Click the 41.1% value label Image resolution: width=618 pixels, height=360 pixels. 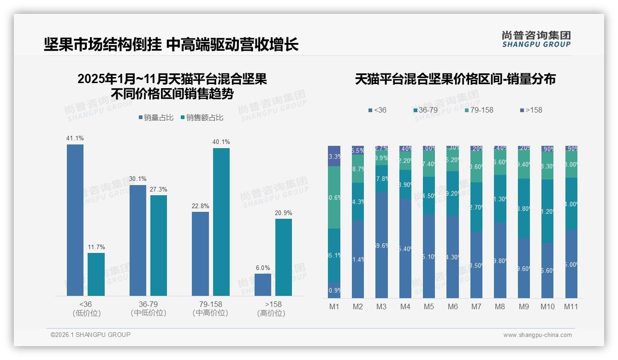coord(75,138)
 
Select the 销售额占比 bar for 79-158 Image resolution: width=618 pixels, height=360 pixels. coord(221,222)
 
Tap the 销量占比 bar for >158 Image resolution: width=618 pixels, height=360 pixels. coord(263,284)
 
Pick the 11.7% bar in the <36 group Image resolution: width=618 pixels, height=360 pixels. coord(96,274)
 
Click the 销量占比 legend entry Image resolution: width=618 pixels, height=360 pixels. coord(156,118)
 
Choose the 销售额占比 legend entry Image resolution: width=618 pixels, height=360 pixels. coord(202,118)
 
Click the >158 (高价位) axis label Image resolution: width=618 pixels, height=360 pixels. coord(273,309)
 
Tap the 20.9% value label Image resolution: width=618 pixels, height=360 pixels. coord(284,213)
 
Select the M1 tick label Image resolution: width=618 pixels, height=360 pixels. coord(334,306)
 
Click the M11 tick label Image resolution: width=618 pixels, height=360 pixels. coord(571,306)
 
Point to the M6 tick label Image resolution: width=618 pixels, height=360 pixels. coord(452,306)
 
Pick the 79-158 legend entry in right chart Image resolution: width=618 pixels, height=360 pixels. coord(479,110)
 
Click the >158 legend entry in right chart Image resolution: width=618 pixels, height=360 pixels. coord(531,110)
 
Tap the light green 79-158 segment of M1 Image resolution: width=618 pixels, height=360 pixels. coord(334,197)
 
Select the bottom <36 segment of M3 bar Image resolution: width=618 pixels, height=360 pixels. coord(381,245)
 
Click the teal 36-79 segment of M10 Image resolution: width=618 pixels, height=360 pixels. coord(547,211)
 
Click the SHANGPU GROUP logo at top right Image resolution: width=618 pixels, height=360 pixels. coord(536,39)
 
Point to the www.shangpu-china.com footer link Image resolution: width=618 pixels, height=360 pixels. coord(537,335)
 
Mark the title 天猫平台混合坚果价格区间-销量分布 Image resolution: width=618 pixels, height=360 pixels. coord(455,79)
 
